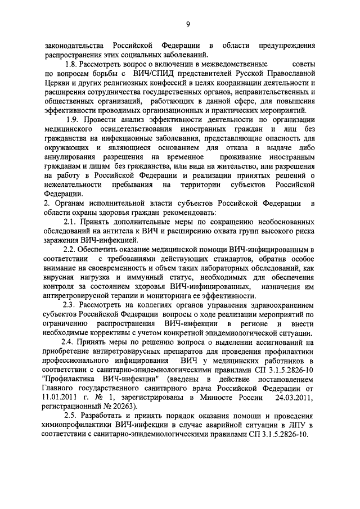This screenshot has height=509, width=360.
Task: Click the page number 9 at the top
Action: [x=188, y=24]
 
